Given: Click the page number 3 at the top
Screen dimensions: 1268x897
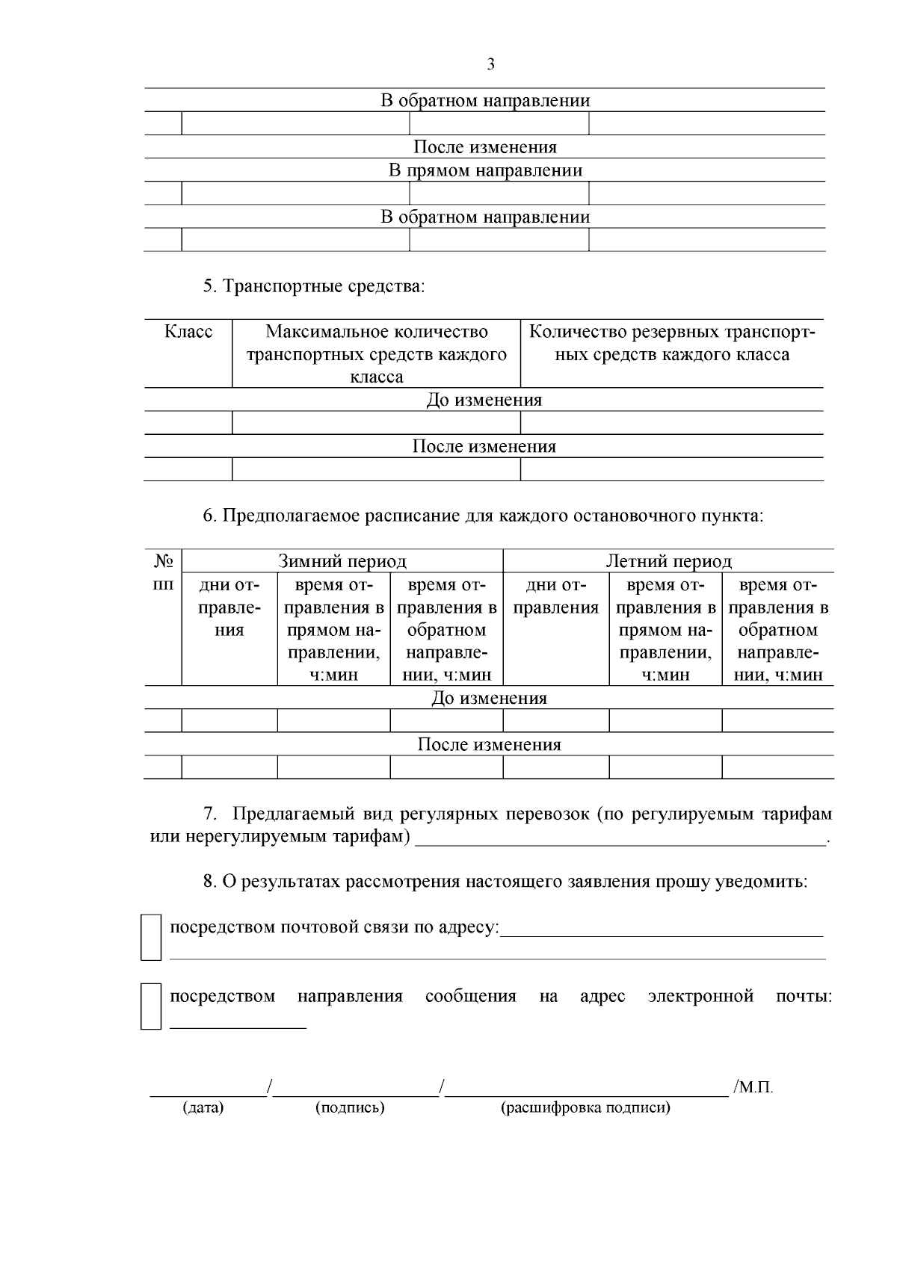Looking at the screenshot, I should tap(490, 65).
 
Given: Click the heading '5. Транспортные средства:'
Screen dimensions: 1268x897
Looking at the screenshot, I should tap(313, 286).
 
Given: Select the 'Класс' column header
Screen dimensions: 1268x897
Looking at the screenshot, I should tap(188, 332).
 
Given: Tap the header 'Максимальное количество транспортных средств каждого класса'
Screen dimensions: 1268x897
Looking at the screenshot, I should tap(377, 353).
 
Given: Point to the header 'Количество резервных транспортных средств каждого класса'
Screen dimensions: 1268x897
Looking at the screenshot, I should tap(672, 343).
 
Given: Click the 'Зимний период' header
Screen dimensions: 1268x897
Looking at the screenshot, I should tap(342, 561).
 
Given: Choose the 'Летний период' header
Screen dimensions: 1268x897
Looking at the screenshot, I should tap(668, 561).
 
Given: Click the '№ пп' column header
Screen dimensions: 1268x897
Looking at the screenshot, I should tap(163, 572).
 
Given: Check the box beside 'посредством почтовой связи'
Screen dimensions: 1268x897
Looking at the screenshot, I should tap(151, 936).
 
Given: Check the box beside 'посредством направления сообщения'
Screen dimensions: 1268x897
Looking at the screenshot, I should tap(151, 1006).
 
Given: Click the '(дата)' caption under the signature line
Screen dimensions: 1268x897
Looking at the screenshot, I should tap(203, 1107).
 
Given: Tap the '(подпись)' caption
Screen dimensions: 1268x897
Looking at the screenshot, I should tap(350, 1107).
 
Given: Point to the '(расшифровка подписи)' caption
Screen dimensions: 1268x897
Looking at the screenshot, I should tap(585, 1107).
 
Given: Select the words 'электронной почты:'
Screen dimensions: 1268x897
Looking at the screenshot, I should tap(739, 996).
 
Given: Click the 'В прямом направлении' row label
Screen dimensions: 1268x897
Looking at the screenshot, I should tap(485, 170).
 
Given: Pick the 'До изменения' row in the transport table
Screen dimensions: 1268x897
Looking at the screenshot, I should tap(484, 400).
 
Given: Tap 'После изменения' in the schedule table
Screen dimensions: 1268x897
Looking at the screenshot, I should tap(489, 745).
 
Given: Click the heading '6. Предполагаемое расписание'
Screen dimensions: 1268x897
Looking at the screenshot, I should tap(483, 516).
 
